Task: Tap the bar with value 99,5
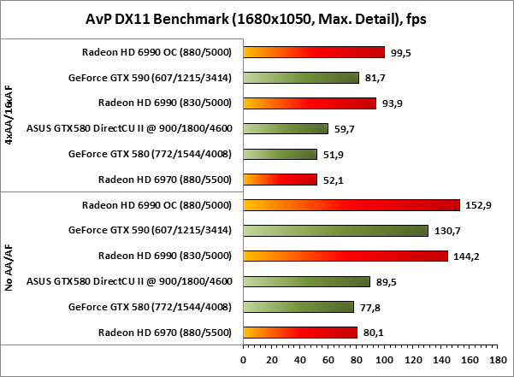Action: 314,52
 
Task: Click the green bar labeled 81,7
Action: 301,78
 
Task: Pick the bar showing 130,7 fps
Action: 336,230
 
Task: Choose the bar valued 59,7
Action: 286,129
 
